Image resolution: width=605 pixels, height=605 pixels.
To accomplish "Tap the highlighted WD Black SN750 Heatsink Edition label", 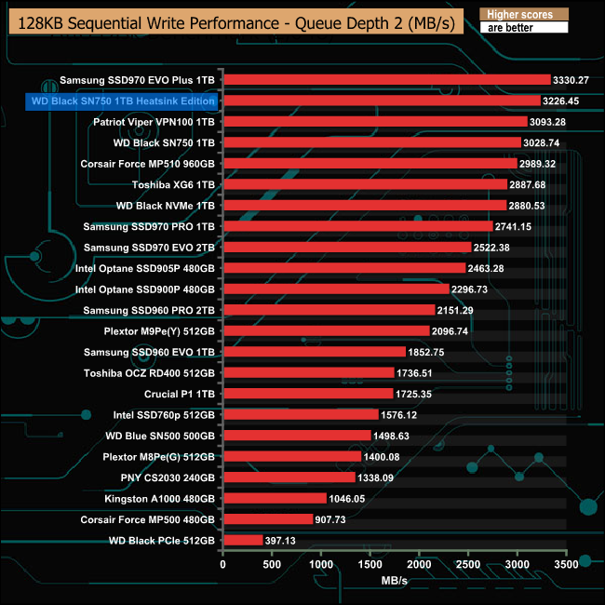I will [x=123, y=101].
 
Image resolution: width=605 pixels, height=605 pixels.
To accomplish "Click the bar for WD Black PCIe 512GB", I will [x=242, y=540].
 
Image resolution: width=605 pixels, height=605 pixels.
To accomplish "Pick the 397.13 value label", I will [x=286, y=540].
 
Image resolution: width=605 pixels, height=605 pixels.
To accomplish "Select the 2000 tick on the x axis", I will [x=420, y=564].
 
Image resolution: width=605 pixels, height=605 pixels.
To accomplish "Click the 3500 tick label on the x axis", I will [x=567, y=564].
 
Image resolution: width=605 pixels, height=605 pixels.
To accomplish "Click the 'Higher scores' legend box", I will [x=522, y=14].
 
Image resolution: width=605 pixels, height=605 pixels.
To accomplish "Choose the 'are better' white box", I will [x=522, y=28].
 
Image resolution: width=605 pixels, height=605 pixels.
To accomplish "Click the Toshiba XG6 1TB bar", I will [x=364, y=184].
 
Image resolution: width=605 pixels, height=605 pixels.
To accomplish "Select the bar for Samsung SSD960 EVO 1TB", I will [x=314, y=352].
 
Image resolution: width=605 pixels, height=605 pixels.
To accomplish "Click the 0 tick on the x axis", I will [x=222, y=564].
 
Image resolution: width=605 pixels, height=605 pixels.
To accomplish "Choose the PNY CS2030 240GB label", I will [x=160, y=477].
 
